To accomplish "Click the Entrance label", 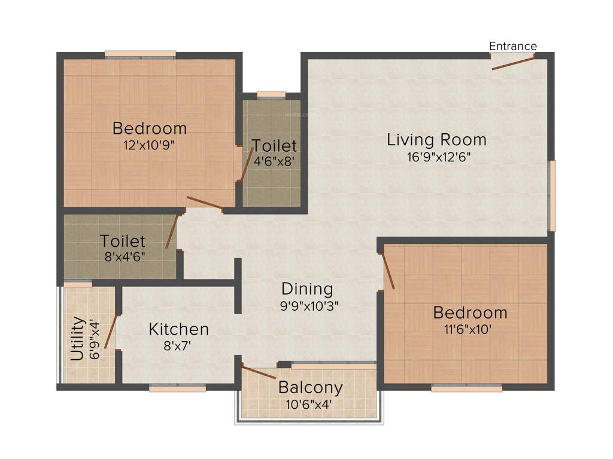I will tap(513, 46).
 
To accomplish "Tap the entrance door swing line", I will tap(512, 62).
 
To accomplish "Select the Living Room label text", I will tap(436, 140).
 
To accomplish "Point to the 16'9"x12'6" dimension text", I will tap(436, 158).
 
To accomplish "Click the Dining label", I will tap(307, 289).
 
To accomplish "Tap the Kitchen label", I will tap(178, 329).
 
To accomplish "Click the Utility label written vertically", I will tap(77, 338).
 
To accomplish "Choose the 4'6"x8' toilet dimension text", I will tap(274, 161).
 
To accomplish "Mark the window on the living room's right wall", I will tap(553, 195).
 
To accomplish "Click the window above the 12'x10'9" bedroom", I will tap(140, 54).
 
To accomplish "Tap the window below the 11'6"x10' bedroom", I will tap(466, 388).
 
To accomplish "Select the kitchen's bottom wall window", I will tap(177, 388).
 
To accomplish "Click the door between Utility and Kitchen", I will tap(111, 331).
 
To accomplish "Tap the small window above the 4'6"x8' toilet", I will tap(271, 94).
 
